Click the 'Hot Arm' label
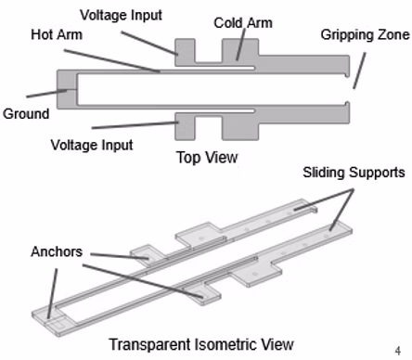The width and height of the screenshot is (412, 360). (57, 34)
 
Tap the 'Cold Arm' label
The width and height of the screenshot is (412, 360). (243, 23)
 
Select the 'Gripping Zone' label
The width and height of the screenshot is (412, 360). (365, 35)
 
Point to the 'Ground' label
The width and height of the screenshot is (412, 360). (26, 113)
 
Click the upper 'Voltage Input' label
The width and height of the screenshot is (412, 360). (121, 15)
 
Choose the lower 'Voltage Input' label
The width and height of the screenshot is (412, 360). (92, 145)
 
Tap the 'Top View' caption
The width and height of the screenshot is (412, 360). (207, 157)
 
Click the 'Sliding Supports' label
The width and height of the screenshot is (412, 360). (354, 173)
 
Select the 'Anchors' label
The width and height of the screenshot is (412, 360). (57, 251)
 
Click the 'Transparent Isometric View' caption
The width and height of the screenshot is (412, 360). (201, 344)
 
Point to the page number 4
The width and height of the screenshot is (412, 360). (398, 351)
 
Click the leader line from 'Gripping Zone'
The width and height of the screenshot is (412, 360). (359, 71)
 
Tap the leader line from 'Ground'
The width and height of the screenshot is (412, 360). (46, 94)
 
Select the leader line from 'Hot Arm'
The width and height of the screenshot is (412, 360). (112, 60)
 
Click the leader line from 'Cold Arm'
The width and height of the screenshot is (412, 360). (240, 45)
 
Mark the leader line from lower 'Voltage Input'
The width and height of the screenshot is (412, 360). (135, 125)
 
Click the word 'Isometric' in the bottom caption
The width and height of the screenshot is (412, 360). (226, 344)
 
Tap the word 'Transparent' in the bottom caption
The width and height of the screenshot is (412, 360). (150, 345)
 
